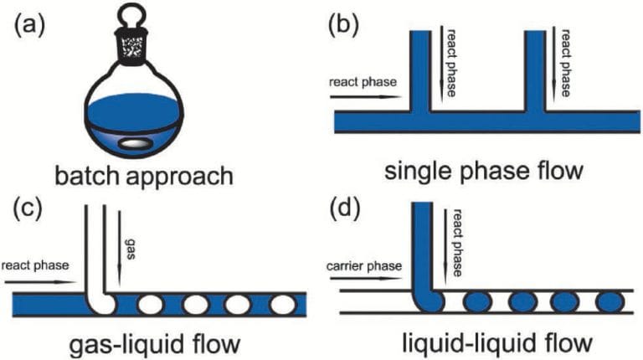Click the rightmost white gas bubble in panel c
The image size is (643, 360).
click(x=271, y=302)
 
